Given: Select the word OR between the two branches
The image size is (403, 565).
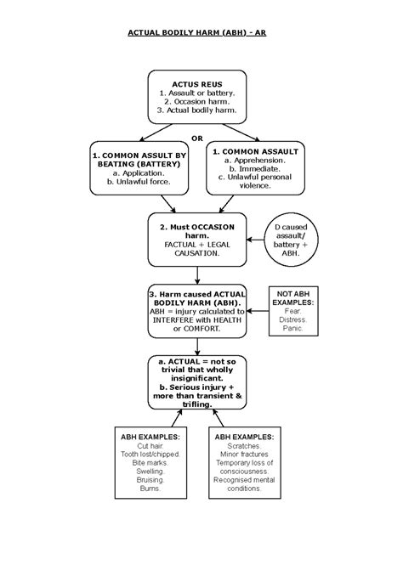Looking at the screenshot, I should pyautogui.click(x=197, y=137).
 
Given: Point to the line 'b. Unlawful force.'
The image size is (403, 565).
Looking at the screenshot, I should pyautogui.click(x=138, y=181).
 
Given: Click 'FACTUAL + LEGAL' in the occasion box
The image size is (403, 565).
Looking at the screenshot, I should pyautogui.click(x=197, y=243).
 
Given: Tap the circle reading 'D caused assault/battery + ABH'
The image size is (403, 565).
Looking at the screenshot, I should pyautogui.click(x=292, y=238).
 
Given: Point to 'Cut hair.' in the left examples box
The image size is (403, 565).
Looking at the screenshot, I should pyautogui.click(x=139, y=447).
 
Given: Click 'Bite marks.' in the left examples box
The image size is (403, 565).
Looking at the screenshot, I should pyautogui.click(x=139, y=467).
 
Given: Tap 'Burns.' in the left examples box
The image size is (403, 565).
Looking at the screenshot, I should pyautogui.click(x=139, y=499).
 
